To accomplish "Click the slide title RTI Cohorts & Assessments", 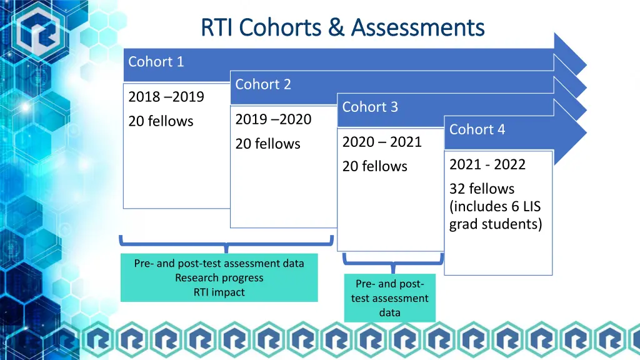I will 342,27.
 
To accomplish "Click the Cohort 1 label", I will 156,61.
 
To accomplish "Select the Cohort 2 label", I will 263,84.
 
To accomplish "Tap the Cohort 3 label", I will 370,107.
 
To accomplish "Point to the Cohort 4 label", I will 477,129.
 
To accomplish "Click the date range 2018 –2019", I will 166,97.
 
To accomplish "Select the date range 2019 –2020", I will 273,119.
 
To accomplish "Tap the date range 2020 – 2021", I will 382,142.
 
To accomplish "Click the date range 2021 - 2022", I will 487,164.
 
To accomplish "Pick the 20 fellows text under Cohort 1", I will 161,121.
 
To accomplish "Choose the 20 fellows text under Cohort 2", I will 267,144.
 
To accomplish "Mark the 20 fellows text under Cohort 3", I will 374,166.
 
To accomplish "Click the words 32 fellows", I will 481,189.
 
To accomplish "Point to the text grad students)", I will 496,224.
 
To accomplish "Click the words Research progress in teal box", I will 219,277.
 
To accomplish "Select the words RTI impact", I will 219,292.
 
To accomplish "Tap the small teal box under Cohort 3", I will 389,298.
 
